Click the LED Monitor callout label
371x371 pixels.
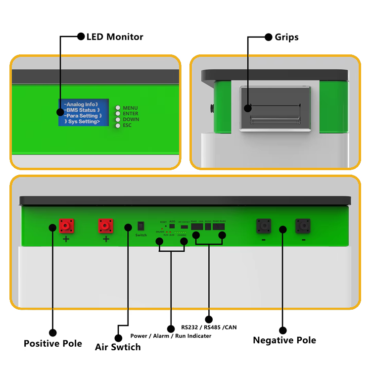point(115,37)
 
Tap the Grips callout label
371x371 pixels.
point(287,37)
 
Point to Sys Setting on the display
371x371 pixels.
point(83,122)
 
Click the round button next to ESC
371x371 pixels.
point(118,126)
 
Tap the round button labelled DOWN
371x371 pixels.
point(118,120)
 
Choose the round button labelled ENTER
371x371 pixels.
point(118,114)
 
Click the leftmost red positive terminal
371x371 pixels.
point(66,226)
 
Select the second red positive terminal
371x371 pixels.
point(105,226)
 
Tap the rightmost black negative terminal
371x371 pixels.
point(303,226)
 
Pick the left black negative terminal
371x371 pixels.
point(263,226)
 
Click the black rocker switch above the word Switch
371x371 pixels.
point(140,226)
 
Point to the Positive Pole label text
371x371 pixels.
point(53,343)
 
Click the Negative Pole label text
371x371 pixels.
point(284,340)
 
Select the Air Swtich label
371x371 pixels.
point(118,347)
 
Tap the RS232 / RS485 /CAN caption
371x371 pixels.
point(209,327)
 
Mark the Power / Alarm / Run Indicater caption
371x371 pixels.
point(171,336)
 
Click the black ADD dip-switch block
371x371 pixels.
point(172,226)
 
